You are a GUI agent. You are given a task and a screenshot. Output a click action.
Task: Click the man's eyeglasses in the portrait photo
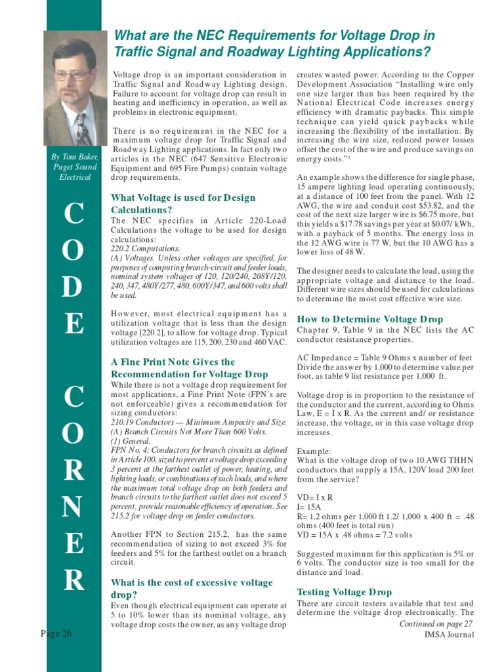pyautogui.click(x=72, y=75)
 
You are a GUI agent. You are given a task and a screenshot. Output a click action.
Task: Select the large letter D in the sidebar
pyautogui.click(x=73, y=287)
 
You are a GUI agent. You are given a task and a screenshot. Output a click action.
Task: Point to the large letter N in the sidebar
pyautogui.click(x=73, y=506)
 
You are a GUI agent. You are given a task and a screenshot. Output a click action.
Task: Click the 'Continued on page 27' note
pyautogui.click(x=436, y=623)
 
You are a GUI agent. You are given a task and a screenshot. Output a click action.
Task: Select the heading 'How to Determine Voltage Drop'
pyautogui.click(x=370, y=319)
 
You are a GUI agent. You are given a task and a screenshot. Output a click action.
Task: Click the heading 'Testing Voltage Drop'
pyautogui.click(x=345, y=591)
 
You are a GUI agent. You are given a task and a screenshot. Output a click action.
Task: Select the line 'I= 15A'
pyautogui.click(x=308, y=507)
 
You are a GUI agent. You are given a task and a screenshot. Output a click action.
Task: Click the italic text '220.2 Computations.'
pyautogui.click(x=145, y=249)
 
